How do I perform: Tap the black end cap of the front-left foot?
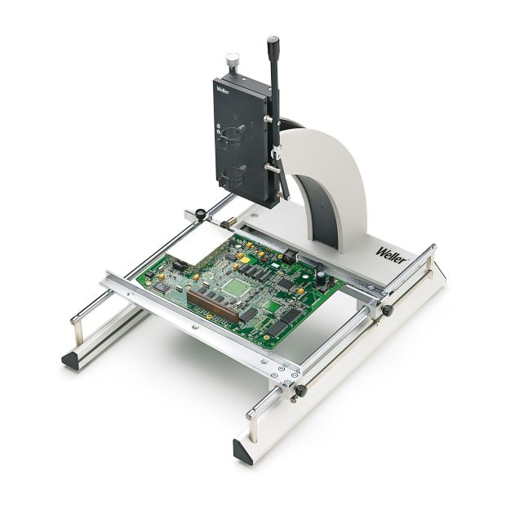pyautogui.click(x=71, y=360)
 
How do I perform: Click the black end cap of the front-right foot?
pyautogui.click(x=243, y=449)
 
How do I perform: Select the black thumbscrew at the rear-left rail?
pyautogui.click(x=198, y=214)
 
